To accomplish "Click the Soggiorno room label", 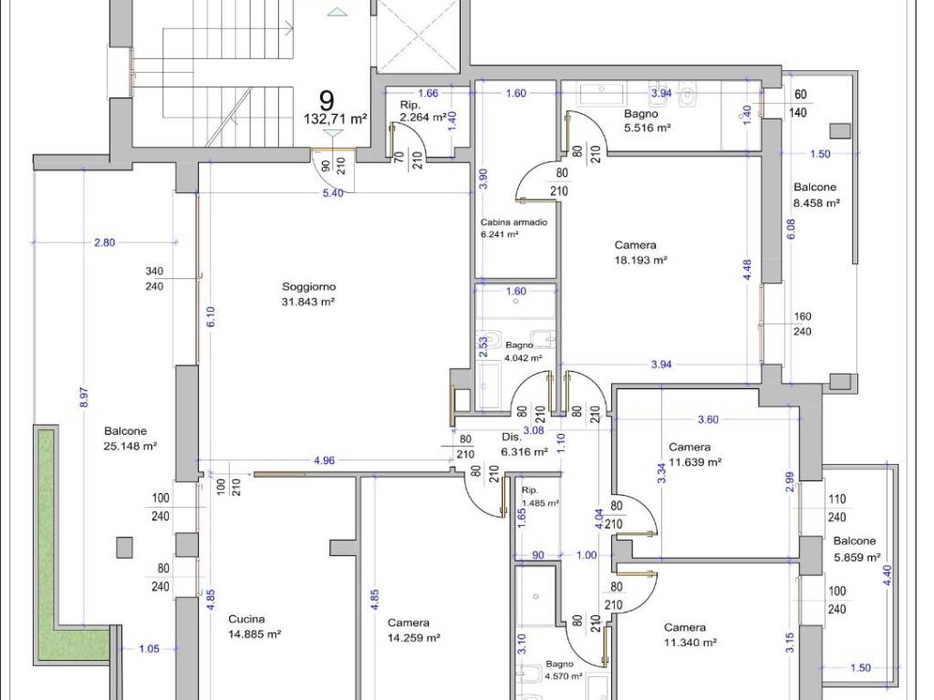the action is pyautogui.click(x=308, y=286).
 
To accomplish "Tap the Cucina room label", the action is pyautogui.click(x=246, y=619).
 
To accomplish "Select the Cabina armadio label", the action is pyautogui.click(x=514, y=222).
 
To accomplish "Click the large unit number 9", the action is pyautogui.click(x=327, y=100).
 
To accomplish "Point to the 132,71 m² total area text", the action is pyautogui.click(x=335, y=119).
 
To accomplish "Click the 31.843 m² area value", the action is pyautogui.click(x=308, y=302).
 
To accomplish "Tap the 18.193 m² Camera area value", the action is pyautogui.click(x=640, y=260).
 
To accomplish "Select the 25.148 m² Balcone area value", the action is pyautogui.click(x=130, y=447).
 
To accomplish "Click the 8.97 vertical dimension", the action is pyautogui.click(x=84, y=397).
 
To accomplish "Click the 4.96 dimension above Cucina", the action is pyautogui.click(x=324, y=460).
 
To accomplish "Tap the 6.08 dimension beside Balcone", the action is pyautogui.click(x=790, y=230).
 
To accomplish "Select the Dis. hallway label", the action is pyautogui.click(x=511, y=437).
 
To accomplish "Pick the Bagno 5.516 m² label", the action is pyautogui.click(x=647, y=120).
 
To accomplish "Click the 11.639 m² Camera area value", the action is pyautogui.click(x=695, y=462).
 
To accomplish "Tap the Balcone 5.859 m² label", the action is pyautogui.click(x=856, y=549).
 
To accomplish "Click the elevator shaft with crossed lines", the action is pyautogui.click(x=417, y=35).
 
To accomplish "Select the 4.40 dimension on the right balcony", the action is pyautogui.click(x=887, y=575).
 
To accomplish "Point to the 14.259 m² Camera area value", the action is pyautogui.click(x=413, y=638).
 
